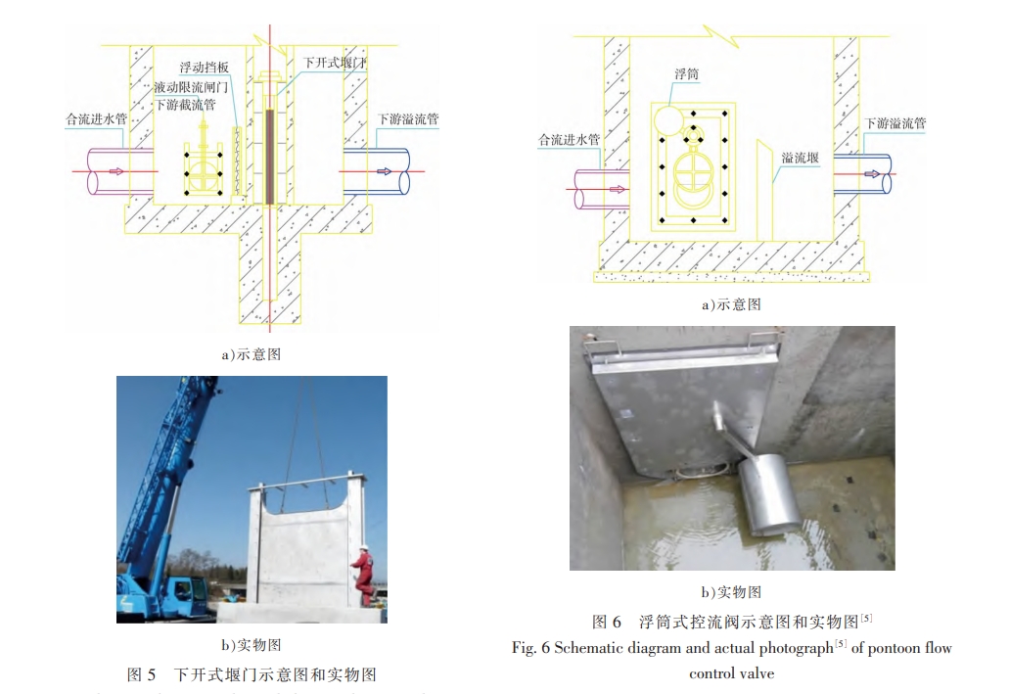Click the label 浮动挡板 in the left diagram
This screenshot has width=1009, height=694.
point(205,68)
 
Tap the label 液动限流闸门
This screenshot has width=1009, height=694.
point(192,86)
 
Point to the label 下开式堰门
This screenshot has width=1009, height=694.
point(335,63)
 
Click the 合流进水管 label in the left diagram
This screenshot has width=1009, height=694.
point(96,119)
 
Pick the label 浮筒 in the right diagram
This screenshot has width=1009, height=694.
point(686,73)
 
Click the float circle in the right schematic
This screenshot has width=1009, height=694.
point(670,118)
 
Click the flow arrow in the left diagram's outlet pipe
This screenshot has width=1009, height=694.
point(384,171)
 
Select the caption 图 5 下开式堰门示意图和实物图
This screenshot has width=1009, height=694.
point(252,674)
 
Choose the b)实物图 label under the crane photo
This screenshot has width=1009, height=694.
point(251,645)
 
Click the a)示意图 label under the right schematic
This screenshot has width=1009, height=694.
point(731,304)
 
